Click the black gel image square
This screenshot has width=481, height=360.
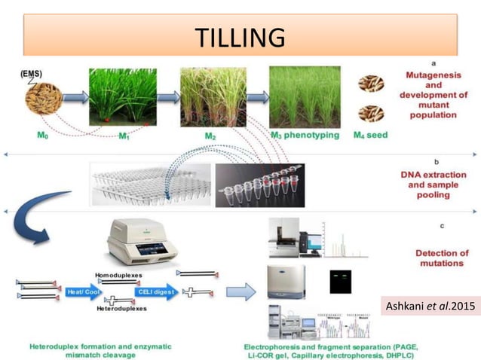[341, 282]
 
